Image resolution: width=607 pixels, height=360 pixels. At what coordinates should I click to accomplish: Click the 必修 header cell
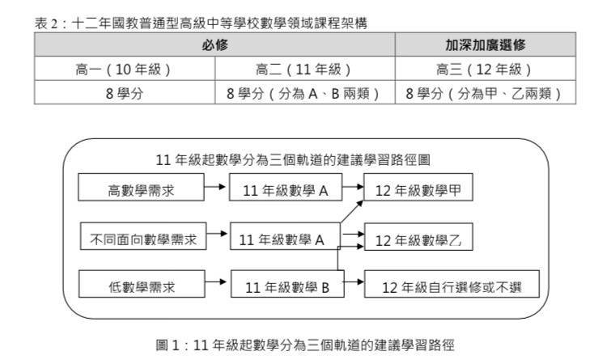pos(214,44)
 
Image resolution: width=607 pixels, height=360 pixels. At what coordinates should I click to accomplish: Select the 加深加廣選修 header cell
pos(486,44)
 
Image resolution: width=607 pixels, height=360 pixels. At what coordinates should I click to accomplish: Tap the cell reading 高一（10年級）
pos(125,69)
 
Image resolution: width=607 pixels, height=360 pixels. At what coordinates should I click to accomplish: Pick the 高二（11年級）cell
pos(305,69)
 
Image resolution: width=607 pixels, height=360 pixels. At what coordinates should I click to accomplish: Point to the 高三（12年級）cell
pos(486,69)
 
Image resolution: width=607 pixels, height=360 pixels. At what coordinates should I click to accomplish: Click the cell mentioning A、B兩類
pos(305,92)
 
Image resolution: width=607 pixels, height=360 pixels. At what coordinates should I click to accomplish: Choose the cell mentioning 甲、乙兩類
pos(486,92)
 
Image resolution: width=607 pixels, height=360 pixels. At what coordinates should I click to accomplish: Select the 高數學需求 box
pos(141,187)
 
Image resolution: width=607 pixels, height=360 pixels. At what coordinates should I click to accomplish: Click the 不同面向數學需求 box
pos(143,236)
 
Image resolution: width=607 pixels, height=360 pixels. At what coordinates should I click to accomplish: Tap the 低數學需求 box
pos(142,284)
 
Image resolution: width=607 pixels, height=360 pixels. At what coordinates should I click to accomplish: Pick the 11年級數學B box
pos(287,284)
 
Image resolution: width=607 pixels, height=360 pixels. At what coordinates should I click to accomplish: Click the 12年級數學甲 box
pos(418,187)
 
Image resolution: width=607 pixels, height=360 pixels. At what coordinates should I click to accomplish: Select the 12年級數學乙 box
pos(418,236)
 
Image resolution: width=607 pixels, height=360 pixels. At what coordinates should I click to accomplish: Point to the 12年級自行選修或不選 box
pos(452,284)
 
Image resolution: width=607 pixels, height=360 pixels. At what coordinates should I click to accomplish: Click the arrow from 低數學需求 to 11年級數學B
pos(215,282)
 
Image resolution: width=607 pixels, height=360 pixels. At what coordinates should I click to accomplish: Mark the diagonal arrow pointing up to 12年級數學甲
pos(352,212)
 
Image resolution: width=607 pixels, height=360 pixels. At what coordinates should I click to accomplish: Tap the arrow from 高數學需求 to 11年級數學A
pos(214,187)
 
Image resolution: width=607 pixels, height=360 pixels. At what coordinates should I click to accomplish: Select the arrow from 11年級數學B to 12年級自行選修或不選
pos(354,282)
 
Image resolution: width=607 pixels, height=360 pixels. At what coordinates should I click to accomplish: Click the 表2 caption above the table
pos(201,23)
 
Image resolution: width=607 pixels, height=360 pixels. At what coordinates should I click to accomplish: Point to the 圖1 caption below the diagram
pos(305,345)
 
